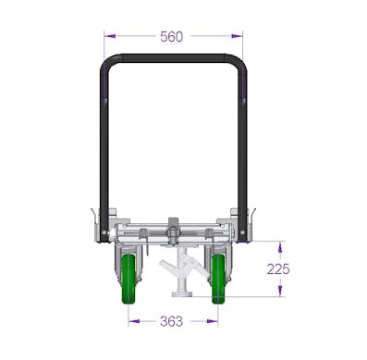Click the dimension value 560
point(171,37)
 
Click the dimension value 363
point(171,321)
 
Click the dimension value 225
point(278,269)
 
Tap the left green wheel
point(128,279)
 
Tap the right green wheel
point(218,279)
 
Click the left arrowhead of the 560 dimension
point(110,36)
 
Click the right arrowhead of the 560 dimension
point(237,36)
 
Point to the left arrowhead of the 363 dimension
point(134,321)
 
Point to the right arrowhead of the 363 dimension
point(213,321)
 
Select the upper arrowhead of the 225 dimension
point(280,247)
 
